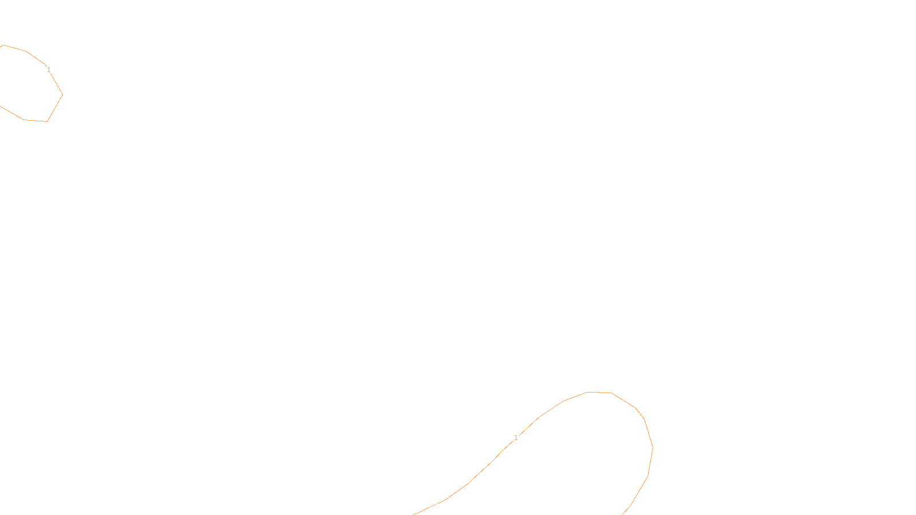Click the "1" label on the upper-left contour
pos(49,70)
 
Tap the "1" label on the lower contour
pos(516,438)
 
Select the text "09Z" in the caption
pos(434,506)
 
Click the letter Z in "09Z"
pos(438,506)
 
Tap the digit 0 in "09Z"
pos(430,506)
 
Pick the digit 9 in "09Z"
pos(434,506)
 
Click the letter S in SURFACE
pos(446,506)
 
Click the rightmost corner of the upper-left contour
pos(62,94)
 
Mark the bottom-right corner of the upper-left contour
pos(47,121)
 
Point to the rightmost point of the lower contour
pos(653,448)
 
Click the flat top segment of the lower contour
pos(599,393)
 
